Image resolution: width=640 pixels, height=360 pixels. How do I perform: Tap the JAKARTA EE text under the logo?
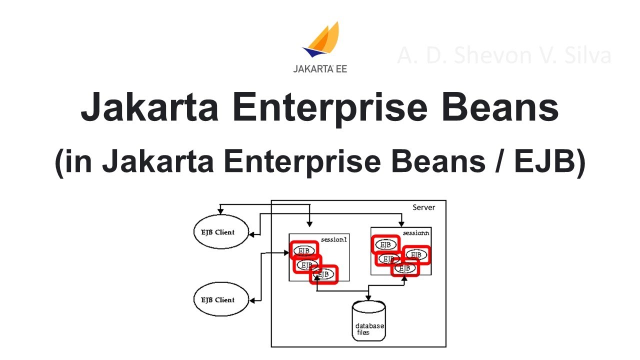320,69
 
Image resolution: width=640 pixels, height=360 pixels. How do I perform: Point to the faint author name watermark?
504,55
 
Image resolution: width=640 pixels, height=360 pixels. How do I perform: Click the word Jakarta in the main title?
150,109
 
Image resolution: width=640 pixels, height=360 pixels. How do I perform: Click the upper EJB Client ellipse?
221,232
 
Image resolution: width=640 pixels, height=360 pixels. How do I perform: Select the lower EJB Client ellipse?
221,300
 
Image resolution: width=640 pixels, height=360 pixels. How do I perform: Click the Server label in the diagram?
423,207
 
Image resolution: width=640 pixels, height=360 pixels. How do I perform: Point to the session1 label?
333,239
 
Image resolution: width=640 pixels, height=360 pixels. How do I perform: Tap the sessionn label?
416,233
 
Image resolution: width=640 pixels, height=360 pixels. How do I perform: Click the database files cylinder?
369,320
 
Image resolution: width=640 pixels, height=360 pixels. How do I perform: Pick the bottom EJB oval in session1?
324,274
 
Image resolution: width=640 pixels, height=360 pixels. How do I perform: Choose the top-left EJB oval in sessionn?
385,245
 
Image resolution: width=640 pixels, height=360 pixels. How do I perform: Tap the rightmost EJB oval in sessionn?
416,255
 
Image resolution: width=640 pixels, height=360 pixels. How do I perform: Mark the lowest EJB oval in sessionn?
405,268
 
